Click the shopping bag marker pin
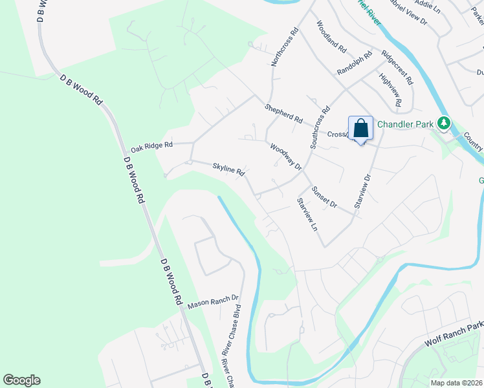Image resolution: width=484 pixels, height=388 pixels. click(x=360, y=128)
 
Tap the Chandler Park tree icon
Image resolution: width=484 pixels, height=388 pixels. click(x=443, y=122)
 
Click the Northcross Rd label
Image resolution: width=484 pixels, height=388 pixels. click(x=285, y=47)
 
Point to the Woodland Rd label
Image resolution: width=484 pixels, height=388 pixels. click(x=332, y=36)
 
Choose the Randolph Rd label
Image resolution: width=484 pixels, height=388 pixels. click(x=355, y=63)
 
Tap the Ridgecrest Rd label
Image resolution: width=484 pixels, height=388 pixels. click(x=397, y=67)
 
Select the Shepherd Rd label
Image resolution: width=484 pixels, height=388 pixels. click(x=283, y=114)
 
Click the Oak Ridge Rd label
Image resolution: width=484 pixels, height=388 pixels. click(x=151, y=147)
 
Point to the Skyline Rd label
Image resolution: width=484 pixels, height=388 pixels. click(x=228, y=169)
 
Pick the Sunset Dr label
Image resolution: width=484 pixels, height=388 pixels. click(x=324, y=196)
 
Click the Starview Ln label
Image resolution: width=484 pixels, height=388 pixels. click(x=307, y=215)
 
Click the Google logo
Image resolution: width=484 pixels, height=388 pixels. click(x=21, y=380)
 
